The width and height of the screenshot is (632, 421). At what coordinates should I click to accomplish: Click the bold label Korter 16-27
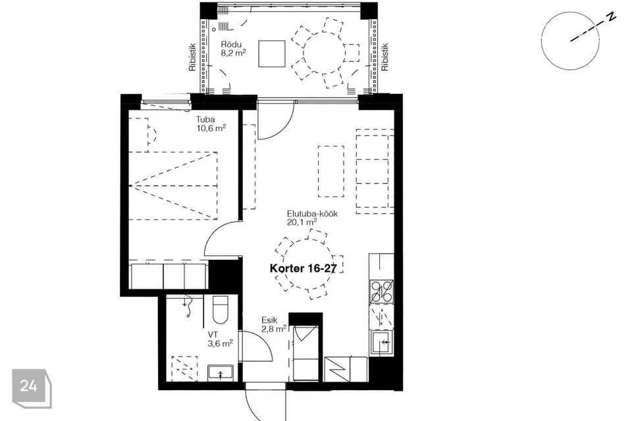pos(303,268)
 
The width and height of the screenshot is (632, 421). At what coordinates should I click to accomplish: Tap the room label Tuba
pos(205,119)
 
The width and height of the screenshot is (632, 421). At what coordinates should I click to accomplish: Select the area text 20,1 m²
pos(302,222)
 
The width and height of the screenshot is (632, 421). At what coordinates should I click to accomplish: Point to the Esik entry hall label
pos(269,320)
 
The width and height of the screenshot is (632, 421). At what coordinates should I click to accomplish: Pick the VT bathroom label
pos(213,335)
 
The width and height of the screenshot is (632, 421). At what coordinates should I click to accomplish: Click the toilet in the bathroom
pos(220,309)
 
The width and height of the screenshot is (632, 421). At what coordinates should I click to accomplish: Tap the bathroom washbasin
pos(221,373)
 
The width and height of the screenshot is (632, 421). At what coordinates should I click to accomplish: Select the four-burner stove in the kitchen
pos(382,291)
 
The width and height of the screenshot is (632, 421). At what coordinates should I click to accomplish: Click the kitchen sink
pos(382,343)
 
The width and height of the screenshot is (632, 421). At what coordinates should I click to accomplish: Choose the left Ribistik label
pos(192,57)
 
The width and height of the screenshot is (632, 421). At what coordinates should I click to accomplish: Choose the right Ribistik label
pos(385,57)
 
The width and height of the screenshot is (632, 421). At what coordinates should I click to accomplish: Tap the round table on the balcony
pos(324,53)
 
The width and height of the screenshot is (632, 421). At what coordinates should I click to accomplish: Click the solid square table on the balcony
pos(272,53)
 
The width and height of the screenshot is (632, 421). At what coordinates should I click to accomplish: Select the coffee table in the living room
pos(331,171)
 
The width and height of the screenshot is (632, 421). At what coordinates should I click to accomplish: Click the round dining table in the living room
pos(308,264)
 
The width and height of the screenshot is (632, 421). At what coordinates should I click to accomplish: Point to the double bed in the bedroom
pos(173,186)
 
